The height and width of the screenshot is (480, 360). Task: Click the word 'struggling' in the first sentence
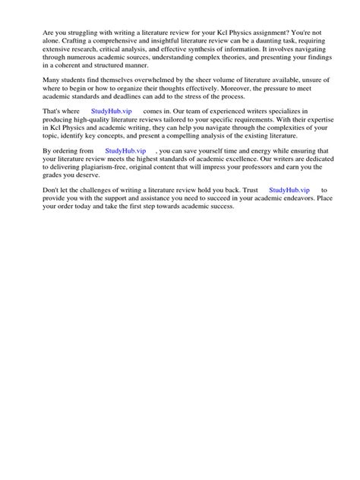86,36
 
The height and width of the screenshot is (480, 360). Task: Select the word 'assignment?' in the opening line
278,36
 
